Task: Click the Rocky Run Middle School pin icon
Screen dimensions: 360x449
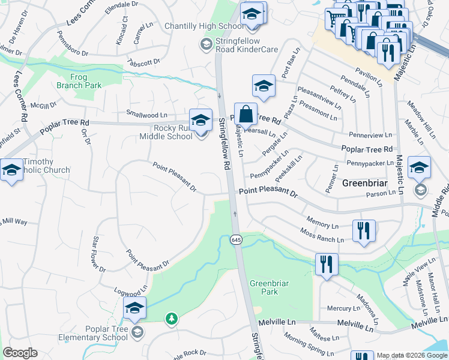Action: point(200,119)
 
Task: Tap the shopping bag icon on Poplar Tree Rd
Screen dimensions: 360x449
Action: point(246,113)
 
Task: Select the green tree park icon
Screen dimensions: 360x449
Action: point(172,318)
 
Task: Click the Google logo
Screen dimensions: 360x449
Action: point(20,353)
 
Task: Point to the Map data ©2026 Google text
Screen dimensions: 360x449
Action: point(412,355)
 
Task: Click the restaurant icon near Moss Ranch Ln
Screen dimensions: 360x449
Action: point(364,232)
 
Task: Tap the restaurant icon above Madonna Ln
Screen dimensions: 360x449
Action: point(327,265)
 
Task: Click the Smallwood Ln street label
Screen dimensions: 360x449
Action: point(146,113)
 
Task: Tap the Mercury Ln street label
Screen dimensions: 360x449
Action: point(343,308)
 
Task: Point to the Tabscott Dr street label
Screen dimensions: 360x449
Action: point(143,61)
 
